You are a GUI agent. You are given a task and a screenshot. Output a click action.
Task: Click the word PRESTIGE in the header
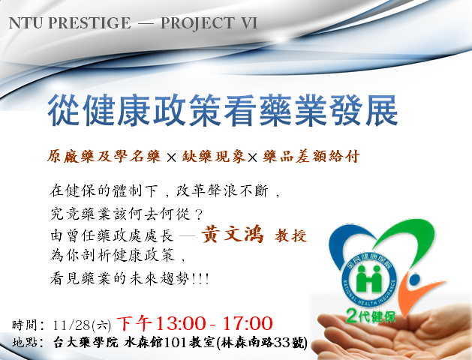tap(89, 22)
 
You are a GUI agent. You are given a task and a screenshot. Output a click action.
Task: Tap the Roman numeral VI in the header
tap(249, 22)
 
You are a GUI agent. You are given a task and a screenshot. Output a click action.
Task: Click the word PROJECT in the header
tap(197, 23)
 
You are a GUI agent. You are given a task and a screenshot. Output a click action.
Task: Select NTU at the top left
tap(26, 22)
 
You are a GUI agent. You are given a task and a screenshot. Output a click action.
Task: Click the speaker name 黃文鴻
tap(232, 234)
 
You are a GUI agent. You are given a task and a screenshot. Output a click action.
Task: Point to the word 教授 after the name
tap(290, 235)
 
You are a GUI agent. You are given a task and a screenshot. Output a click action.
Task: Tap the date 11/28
tap(71, 325)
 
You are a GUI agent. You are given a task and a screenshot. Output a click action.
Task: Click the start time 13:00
tap(179, 323)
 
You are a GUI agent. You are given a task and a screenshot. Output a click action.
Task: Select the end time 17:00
tap(248, 323)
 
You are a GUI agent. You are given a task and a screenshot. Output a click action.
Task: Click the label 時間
tap(24, 325)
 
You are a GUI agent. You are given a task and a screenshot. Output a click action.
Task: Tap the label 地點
tap(24, 342)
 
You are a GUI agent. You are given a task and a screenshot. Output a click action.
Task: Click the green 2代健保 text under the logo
tap(371, 316)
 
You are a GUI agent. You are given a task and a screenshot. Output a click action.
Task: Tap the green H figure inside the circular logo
tap(368, 278)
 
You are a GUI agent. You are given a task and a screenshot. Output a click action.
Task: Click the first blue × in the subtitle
tap(171, 157)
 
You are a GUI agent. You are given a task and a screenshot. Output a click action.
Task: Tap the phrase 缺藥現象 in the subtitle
tap(213, 157)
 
